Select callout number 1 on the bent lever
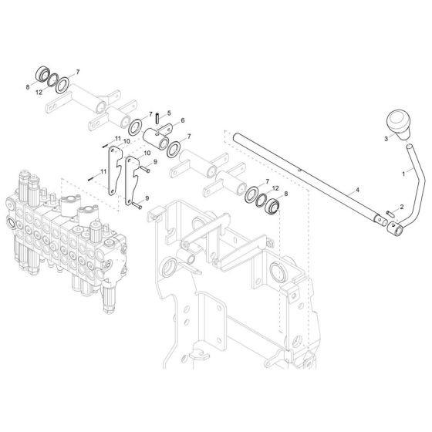tap(402, 175)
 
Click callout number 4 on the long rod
tap(335, 187)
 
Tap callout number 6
tap(181, 122)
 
